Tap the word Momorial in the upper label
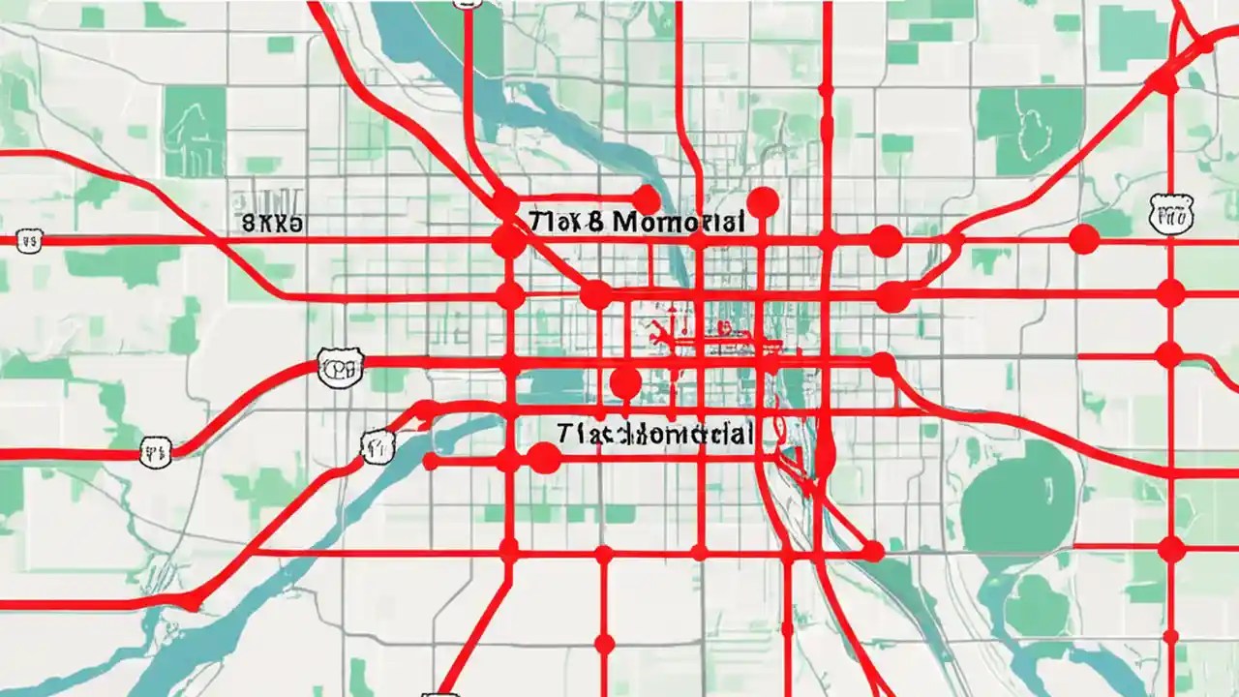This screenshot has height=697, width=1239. coord(680,222)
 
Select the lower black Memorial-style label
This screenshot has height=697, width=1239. coord(655,433)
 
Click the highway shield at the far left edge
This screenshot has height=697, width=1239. coord(28,239)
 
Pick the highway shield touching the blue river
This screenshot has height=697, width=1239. coord(378,444)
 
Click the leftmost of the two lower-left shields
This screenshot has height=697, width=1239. coord(155,451)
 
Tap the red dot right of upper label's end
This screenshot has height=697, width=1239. coord(763,202)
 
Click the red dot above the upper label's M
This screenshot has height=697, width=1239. coord(645,200)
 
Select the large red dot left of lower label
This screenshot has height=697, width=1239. coord(544,458)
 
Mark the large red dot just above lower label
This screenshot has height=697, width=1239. coord(625,383)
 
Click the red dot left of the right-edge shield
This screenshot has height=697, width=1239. coord(1084,239)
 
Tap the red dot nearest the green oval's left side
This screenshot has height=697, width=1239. coord(873,551)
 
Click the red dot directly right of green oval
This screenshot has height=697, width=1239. coord(1171,549)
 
